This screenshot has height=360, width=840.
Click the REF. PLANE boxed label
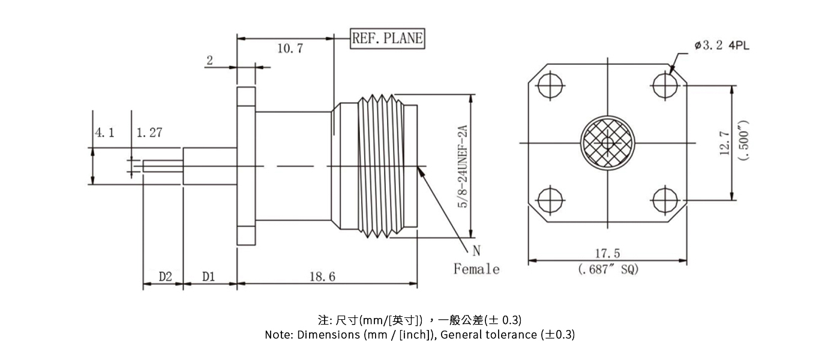(x=387, y=39)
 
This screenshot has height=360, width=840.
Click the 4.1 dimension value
(x=104, y=133)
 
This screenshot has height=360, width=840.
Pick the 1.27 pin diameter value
(x=149, y=133)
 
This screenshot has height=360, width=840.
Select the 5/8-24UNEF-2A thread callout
(x=462, y=167)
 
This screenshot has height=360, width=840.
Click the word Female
(x=476, y=269)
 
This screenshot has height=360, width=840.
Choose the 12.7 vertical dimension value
(x=725, y=143)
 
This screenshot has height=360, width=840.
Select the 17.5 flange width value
(x=608, y=254)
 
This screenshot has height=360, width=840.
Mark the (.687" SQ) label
(x=608, y=270)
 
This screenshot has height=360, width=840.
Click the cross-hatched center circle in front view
(x=607, y=143)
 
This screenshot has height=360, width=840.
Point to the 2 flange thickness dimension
(x=210, y=60)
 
